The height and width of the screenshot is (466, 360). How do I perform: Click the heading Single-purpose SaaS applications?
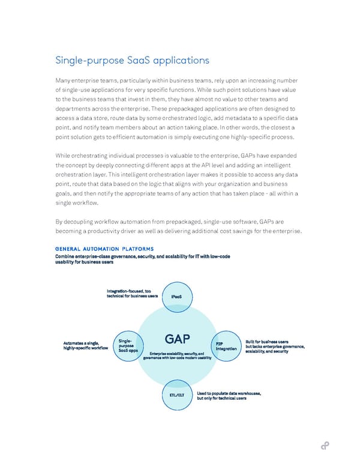point(132,60)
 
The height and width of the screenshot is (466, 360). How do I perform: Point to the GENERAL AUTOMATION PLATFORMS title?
point(104,249)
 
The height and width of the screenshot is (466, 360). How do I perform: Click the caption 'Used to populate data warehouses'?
point(228,396)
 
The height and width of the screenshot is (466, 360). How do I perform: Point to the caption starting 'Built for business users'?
point(275,346)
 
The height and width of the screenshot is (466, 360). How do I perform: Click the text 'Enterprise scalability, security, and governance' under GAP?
point(178,356)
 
